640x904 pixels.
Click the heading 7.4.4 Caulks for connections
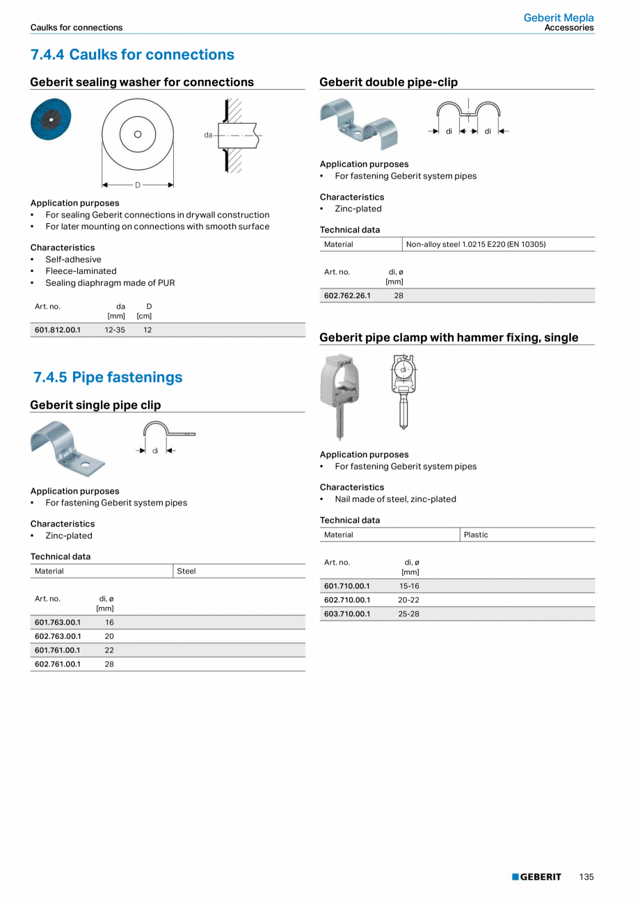[x=132, y=55]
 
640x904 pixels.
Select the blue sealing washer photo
[x=51, y=119]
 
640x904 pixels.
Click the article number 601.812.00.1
[x=58, y=330]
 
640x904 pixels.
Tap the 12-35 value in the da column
[x=115, y=330]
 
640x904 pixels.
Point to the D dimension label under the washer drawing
[x=138, y=185]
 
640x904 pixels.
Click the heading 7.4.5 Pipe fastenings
[x=108, y=378]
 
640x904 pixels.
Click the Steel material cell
[x=186, y=571]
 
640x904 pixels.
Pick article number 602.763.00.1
[x=58, y=636]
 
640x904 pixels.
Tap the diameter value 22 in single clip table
[x=109, y=650]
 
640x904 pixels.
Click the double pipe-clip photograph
[x=358, y=124]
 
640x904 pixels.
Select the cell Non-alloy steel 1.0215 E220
[x=476, y=244]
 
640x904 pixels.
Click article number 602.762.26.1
[x=347, y=296]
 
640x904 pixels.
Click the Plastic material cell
[x=476, y=535]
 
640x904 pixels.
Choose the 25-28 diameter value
[x=408, y=614]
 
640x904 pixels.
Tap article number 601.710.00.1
[x=347, y=586]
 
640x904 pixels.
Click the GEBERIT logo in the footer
[x=536, y=877]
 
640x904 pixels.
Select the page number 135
[x=586, y=877]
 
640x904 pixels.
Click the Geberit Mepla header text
[x=559, y=18]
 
